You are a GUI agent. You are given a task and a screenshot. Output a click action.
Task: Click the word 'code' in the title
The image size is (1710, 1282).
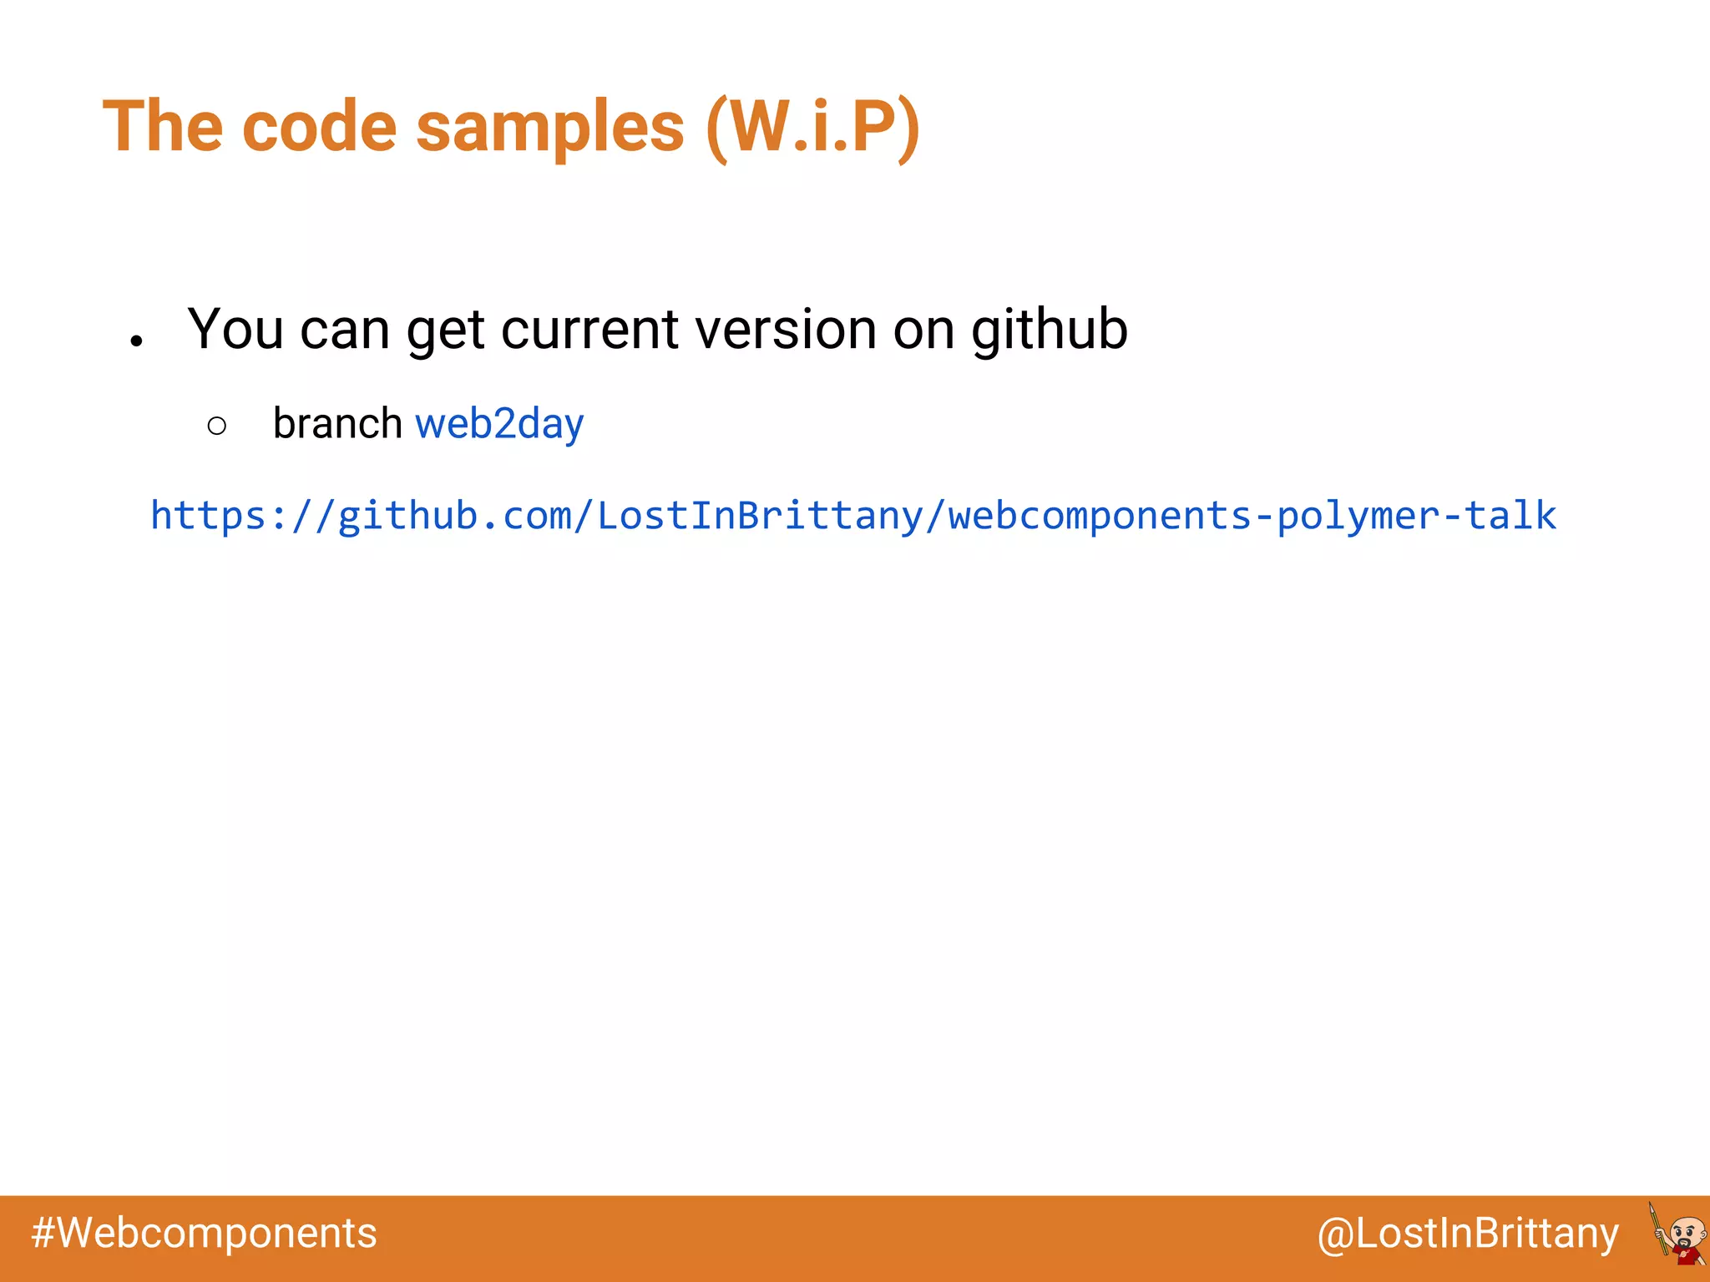319,127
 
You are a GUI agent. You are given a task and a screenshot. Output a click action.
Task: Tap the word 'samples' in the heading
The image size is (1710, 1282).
549,127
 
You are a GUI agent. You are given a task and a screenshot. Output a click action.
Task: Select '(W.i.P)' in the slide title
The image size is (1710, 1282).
813,127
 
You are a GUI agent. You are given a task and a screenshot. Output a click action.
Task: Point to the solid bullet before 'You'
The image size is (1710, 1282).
137,341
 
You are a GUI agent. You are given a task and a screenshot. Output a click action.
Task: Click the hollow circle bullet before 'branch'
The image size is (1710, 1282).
216,426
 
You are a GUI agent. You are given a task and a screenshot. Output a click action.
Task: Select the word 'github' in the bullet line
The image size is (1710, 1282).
1050,330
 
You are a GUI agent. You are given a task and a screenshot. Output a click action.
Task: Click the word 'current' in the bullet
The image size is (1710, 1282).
589,330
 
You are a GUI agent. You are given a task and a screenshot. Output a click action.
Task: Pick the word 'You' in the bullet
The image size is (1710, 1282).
235,330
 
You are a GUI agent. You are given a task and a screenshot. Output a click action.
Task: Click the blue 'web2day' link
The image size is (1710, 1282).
499,424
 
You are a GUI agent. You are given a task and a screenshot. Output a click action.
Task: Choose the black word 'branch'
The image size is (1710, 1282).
337,423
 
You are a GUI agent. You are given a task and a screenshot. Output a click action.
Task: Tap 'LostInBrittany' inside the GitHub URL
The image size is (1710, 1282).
760,516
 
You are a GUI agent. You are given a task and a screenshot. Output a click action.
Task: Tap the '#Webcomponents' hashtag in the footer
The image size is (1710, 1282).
204,1234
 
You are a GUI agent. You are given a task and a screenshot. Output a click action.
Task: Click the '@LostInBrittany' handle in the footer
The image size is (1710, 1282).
1468,1234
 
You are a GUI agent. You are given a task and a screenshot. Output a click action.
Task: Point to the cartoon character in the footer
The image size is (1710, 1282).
1678,1235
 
